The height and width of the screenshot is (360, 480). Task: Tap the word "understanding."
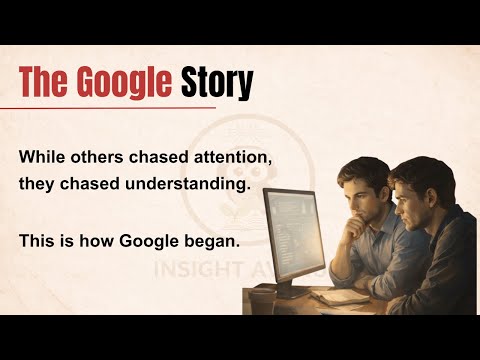tap(154, 186)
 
